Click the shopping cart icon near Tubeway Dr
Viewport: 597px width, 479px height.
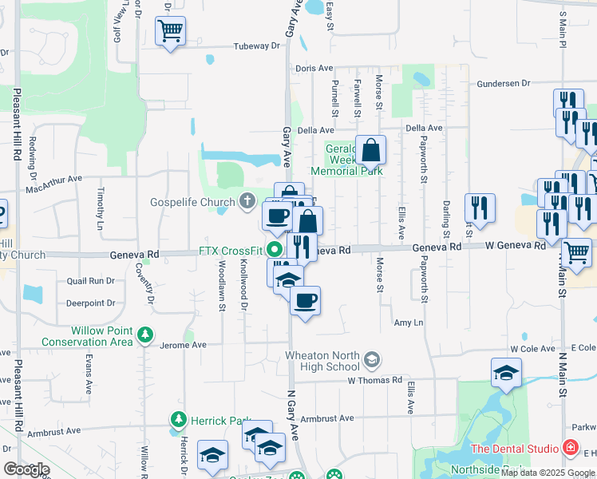[170, 32]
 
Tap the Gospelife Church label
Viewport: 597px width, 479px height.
[192, 202]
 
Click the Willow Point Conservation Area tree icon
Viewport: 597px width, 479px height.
[145, 334]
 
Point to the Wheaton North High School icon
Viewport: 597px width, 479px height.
[371, 361]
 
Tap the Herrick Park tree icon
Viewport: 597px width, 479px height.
[178, 419]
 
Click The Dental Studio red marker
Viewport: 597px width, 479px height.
[570, 448]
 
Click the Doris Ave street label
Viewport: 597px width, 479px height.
[314, 69]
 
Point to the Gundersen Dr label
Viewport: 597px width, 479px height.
[504, 83]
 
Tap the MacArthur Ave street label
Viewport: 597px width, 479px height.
[53, 184]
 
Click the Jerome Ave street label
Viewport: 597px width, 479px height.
[183, 345]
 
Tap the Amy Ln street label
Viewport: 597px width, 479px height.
[408, 323]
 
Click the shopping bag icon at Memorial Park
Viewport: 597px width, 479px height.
[371, 149]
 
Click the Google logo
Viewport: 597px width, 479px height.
[26, 469]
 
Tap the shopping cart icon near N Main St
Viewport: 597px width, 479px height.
[577, 253]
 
